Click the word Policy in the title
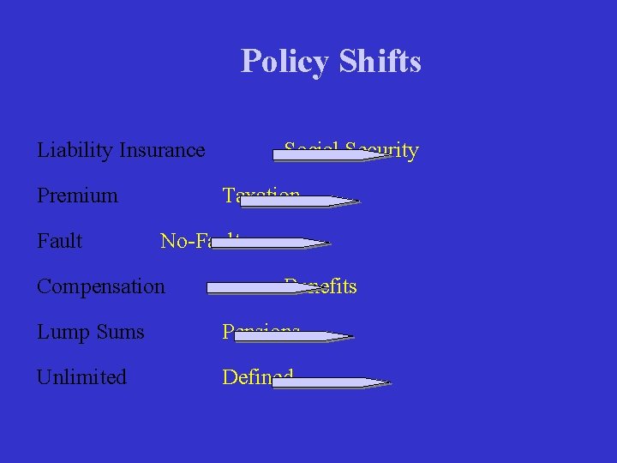coord(285,62)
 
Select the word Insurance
coord(163,151)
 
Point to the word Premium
coord(77,196)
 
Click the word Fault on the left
coord(60,241)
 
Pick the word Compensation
coord(101,286)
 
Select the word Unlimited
coord(81,377)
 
